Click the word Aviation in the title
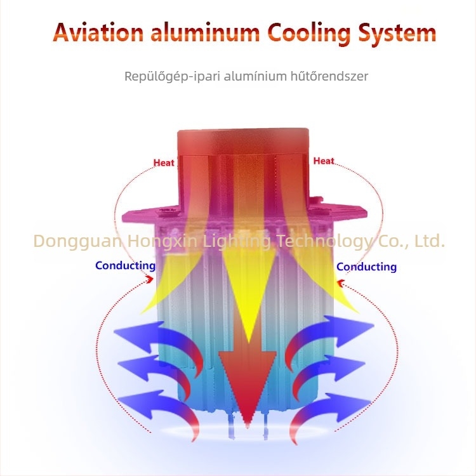pyautogui.click(x=98, y=32)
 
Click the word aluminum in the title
pyautogui.click(x=205, y=32)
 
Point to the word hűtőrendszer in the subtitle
pyautogui.click(x=329, y=76)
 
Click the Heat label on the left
pyautogui.click(x=164, y=162)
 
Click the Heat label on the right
pyautogui.click(x=324, y=161)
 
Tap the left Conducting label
pyautogui.click(x=126, y=266)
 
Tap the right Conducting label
pyautogui.click(x=366, y=267)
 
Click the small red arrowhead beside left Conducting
pyautogui.click(x=150, y=279)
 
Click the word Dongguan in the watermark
pyautogui.click(x=77, y=241)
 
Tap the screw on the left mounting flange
pyautogui.click(x=167, y=210)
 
